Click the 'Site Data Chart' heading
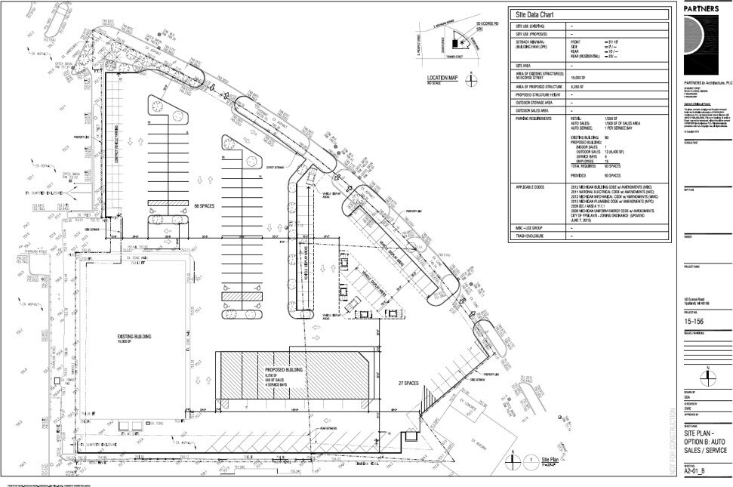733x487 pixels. click(534, 14)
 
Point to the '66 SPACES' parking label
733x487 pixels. click(206, 205)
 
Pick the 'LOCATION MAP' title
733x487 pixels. click(442, 78)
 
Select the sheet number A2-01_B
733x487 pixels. click(695, 471)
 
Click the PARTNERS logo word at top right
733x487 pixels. click(703, 9)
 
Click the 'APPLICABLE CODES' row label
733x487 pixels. click(533, 185)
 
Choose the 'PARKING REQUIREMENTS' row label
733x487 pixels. click(537, 119)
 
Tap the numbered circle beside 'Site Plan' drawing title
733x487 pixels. click(533, 459)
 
